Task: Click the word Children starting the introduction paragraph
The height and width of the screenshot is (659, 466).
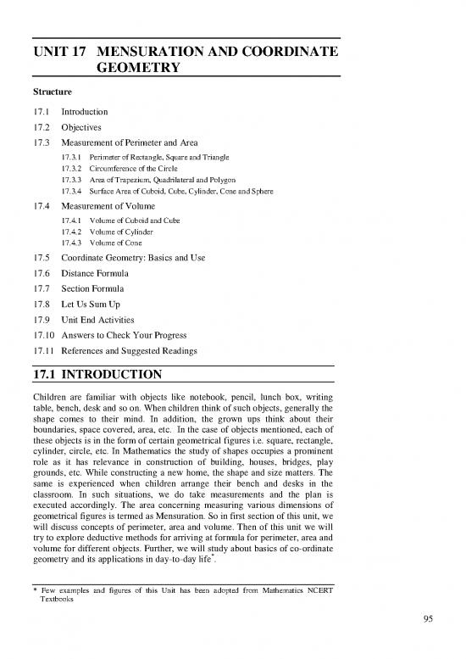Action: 51,394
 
